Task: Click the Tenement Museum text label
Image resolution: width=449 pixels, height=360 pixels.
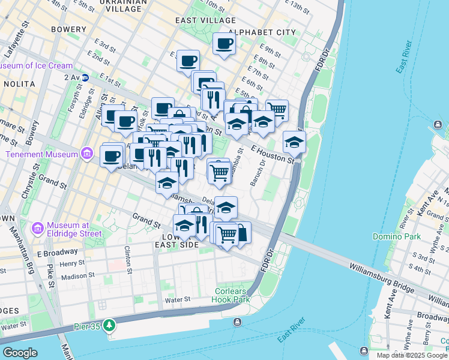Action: [42, 154]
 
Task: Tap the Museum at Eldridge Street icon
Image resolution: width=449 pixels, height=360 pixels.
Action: [37, 228]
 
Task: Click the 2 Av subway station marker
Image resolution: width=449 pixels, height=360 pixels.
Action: [85, 77]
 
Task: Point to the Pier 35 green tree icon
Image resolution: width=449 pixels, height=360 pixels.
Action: [109, 325]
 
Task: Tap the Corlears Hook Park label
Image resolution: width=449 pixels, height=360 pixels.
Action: [232, 295]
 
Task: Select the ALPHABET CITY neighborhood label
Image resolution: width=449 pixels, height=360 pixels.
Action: [263, 32]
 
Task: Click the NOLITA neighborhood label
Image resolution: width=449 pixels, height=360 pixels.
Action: [19, 85]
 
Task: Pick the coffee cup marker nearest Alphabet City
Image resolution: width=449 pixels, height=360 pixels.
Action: [224, 43]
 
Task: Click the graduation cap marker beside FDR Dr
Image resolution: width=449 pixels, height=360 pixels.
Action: [294, 143]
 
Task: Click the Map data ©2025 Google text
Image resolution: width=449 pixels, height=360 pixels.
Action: [412, 355]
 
